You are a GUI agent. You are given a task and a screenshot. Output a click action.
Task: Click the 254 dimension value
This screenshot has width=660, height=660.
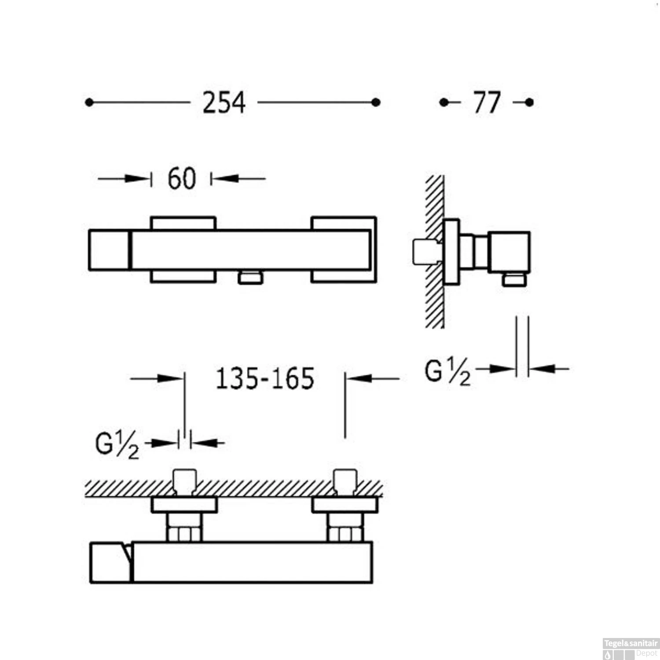point(224,103)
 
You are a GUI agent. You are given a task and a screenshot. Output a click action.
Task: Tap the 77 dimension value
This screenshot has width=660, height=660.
point(487,103)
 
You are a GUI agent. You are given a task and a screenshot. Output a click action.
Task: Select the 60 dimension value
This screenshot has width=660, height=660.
point(181,179)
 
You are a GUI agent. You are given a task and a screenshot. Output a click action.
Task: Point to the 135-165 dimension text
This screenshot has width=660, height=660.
point(265,378)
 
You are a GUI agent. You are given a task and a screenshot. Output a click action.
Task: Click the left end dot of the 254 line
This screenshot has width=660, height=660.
point(89,103)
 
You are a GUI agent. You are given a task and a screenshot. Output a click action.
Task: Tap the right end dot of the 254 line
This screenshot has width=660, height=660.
point(376,103)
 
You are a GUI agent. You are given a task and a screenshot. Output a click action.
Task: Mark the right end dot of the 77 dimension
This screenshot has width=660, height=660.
point(529,103)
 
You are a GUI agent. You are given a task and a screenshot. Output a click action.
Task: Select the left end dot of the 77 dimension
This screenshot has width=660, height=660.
point(444,103)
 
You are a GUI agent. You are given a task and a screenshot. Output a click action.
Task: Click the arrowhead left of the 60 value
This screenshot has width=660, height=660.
point(136,179)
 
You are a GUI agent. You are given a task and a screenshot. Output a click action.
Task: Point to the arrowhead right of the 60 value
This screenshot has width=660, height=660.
point(227,179)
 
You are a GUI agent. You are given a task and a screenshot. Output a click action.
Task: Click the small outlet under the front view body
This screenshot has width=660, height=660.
point(250,278)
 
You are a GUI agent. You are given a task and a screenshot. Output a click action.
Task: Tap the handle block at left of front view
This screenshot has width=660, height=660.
point(109,249)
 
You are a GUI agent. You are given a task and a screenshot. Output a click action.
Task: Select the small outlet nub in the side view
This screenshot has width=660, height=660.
point(514,280)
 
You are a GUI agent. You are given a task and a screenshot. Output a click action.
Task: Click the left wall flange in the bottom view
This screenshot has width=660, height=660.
point(184,505)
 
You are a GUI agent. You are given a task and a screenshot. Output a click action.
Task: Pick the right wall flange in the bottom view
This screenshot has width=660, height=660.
point(345,505)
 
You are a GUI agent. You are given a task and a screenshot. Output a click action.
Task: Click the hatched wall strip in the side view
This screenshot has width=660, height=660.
point(434,299)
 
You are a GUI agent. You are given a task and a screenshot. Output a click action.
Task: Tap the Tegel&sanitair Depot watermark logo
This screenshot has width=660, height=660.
point(631,649)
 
